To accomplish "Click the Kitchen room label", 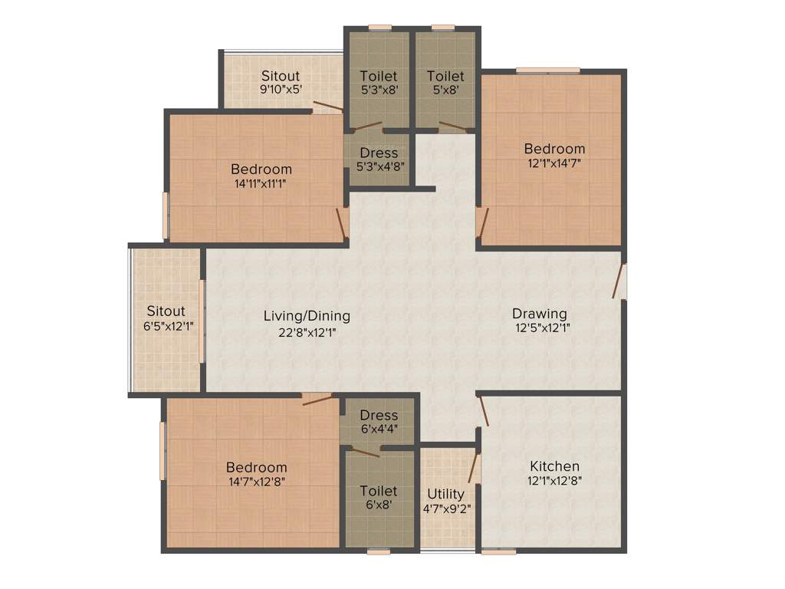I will [x=554, y=466].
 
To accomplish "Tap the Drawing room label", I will [x=540, y=314].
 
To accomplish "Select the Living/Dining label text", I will [x=307, y=315].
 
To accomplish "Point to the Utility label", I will [x=445, y=493].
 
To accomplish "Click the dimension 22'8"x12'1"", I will [x=307, y=333].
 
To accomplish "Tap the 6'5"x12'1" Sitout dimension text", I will [x=166, y=326].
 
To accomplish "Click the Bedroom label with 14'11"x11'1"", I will [x=261, y=169].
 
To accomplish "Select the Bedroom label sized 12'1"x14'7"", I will [x=554, y=148].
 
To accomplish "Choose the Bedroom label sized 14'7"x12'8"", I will [x=256, y=467].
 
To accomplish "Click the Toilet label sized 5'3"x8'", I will [x=379, y=76].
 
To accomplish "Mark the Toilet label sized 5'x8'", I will [x=445, y=76].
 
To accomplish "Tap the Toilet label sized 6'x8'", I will [x=379, y=490].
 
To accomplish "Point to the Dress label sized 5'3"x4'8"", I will [x=379, y=153].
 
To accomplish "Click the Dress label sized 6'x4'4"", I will [x=379, y=415].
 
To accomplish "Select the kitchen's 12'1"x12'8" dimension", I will [x=554, y=481].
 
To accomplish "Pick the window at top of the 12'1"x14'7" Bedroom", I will [x=547, y=71].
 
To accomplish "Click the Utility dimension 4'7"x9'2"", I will [x=446, y=508].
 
